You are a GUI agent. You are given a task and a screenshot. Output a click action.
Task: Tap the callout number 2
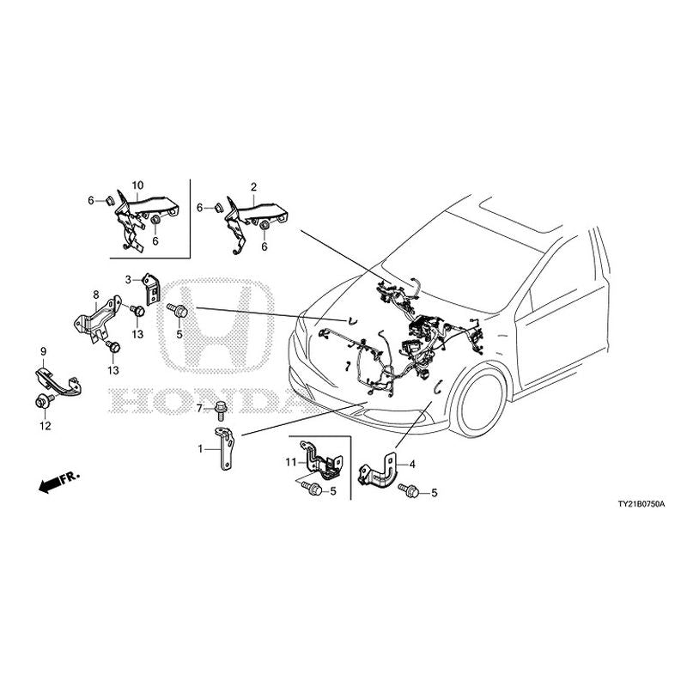tap(253, 186)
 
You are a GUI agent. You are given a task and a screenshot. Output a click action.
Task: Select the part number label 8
tap(95, 294)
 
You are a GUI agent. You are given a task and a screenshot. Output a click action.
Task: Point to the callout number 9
tap(43, 351)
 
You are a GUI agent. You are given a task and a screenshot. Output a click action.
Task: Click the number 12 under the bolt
tap(45, 426)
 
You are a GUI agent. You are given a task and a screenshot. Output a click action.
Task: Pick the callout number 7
tap(199, 408)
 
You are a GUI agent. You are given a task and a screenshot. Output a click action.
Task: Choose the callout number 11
tap(291, 463)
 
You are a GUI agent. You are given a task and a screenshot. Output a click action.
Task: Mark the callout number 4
tap(412, 465)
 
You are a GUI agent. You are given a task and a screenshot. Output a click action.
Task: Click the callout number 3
tap(128, 279)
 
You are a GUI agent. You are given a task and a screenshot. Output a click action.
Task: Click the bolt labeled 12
tap(43, 401)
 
